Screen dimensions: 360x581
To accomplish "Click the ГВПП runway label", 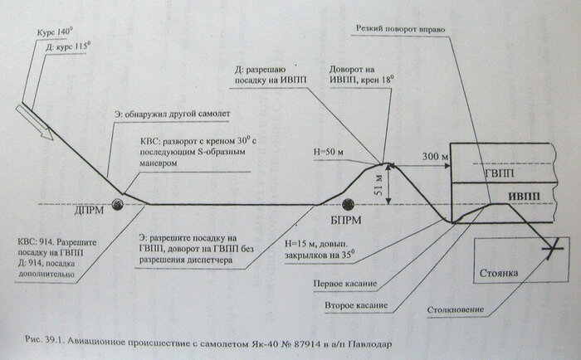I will pyautogui.click(x=496, y=179).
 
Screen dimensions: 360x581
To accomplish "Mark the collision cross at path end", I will pyautogui.click(x=548, y=246).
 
